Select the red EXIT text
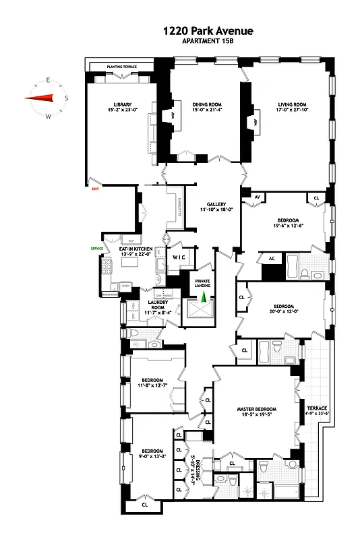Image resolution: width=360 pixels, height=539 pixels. pos(96,190)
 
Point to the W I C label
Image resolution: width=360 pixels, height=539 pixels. pos(179,257)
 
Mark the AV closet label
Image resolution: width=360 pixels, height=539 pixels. pos(256,197)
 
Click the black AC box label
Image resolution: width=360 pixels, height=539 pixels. pos(272,258)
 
